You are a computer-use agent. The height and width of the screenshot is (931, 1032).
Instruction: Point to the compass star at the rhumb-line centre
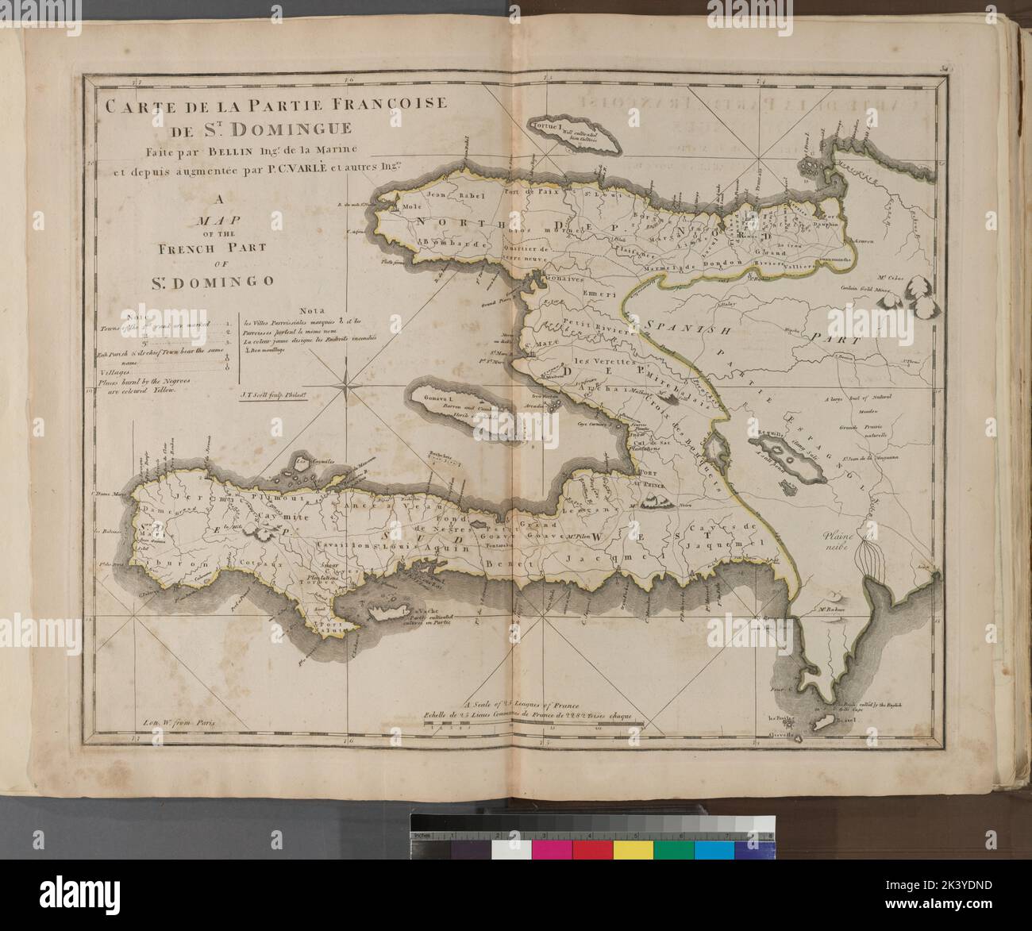347,387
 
